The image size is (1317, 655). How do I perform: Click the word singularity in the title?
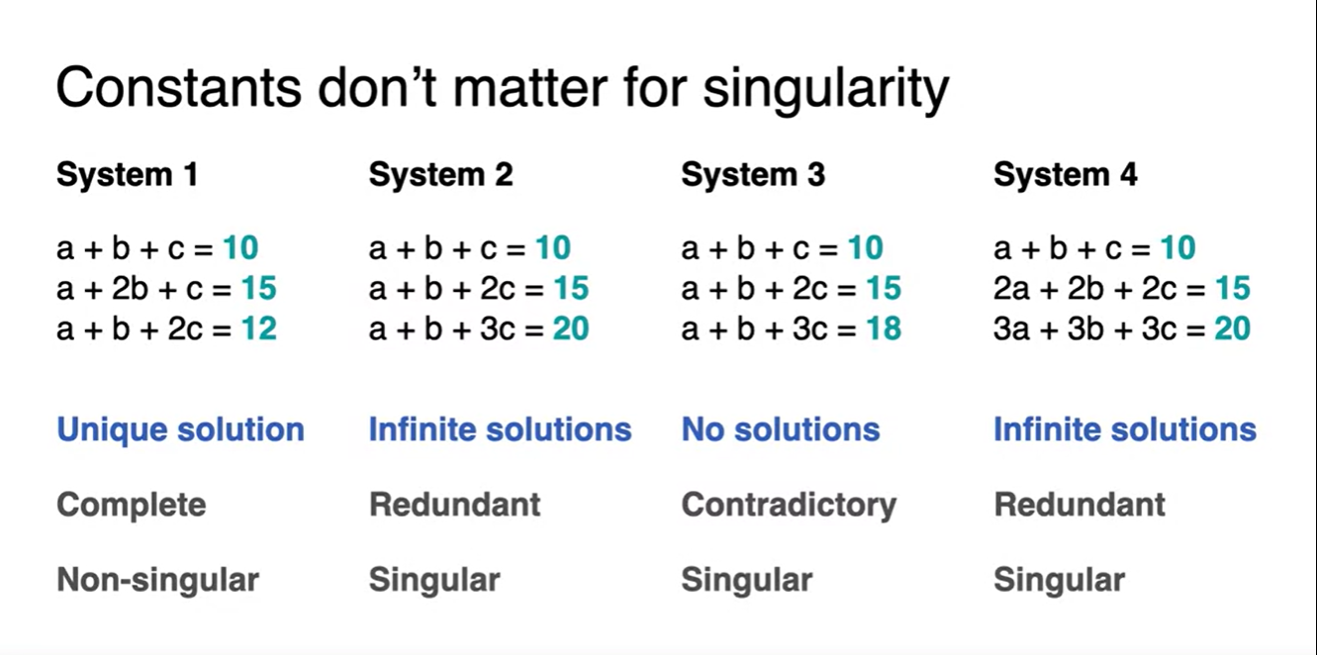click(x=826, y=90)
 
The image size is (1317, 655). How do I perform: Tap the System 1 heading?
click(x=128, y=174)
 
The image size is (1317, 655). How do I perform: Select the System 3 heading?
click(x=753, y=174)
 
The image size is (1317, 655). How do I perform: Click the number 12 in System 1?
click(x=258, y=328)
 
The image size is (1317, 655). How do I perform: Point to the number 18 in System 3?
click(x=883, y=328)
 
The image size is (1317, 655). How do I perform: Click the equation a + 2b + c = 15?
click(x=166, y=288)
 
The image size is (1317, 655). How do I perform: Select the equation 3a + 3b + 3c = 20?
click(x=1122, y=328)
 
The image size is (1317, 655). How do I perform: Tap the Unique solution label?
click(x=180, y=429)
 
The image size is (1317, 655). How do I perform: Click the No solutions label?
click(x=780, y=429)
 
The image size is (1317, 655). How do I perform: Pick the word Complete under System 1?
click(x=132, y=505)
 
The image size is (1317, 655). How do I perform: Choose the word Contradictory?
click(x=789, y=505)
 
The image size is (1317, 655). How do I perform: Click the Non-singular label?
click(x=157, y=581)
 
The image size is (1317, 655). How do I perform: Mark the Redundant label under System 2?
click(x=454, y=505)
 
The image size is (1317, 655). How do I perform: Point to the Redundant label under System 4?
click(x=1079, y=505)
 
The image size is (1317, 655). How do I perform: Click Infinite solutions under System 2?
click(x=501, y=429)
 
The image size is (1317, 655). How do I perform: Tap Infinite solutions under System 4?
click(x=1125, y=429)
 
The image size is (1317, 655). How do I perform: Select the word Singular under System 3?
click(x=747, y=581)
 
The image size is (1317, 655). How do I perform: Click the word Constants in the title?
click(x=179, y=88)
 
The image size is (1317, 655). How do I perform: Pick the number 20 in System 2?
click(x=570, y=328)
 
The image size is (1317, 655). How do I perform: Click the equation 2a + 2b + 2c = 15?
click(x=1122, y=288)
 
